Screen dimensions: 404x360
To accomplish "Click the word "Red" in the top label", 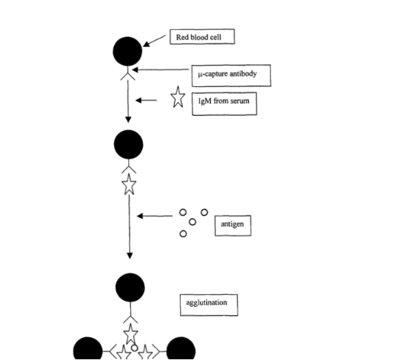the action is (182, 37).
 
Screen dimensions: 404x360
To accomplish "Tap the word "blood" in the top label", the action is (200, 37).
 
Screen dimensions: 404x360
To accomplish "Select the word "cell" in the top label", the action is (216, 37).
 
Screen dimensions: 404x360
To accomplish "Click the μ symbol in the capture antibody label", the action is (200, 75).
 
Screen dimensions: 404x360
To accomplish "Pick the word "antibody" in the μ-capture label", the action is (243, 74).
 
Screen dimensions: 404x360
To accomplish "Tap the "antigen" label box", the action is (233, 225).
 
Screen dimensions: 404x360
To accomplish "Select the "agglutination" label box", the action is (209, 305).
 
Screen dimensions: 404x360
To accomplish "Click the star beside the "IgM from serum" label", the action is (178, 97).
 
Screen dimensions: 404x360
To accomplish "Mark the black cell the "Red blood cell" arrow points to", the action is (127, 51).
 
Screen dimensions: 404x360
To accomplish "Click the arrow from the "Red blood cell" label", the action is (154, 41).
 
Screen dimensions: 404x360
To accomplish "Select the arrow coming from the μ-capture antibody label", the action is (160, 70).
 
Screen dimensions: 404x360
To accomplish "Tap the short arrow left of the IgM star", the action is (146, 100).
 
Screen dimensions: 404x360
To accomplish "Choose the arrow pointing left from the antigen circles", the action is (154, 216).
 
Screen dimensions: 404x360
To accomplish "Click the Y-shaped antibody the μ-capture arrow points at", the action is (128, 73).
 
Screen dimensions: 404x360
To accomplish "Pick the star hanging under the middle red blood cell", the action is (129, 184).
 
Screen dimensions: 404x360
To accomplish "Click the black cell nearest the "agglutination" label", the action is (130, 288).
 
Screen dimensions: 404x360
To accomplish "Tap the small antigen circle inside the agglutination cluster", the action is (135, 348).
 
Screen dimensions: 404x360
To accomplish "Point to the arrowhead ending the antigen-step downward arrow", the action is (130, 255).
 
